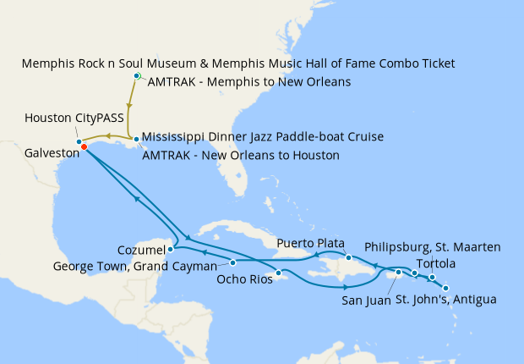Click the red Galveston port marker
point(84,147)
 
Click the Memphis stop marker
point(137,76)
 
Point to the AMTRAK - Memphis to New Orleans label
point(250,82)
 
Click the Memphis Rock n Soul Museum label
point(238,63)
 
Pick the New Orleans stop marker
point(136,139)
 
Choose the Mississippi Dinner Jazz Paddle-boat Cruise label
point(263,136)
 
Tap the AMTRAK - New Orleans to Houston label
point(241,156)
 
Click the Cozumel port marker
point(171,249)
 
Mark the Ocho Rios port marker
point(278,273)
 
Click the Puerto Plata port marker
point(348,257)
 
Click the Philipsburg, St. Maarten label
point(434,247)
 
